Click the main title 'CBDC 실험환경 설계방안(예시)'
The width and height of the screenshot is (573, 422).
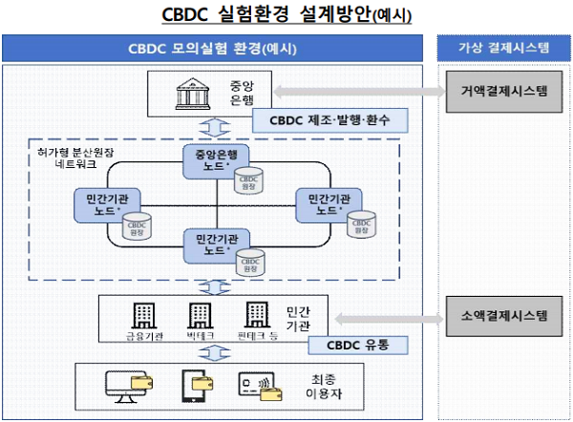coord(286,14)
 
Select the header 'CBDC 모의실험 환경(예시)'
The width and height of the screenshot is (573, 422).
coord(212,49)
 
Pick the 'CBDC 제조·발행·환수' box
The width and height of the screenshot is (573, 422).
coord(330,119)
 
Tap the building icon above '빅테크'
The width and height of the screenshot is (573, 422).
coord(200,316)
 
